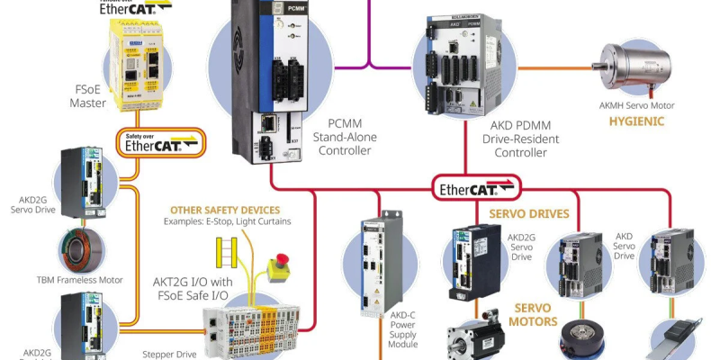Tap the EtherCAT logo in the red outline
(x=474, y=189)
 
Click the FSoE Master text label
(x=87, y=96)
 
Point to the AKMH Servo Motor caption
(x=636, y=105)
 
